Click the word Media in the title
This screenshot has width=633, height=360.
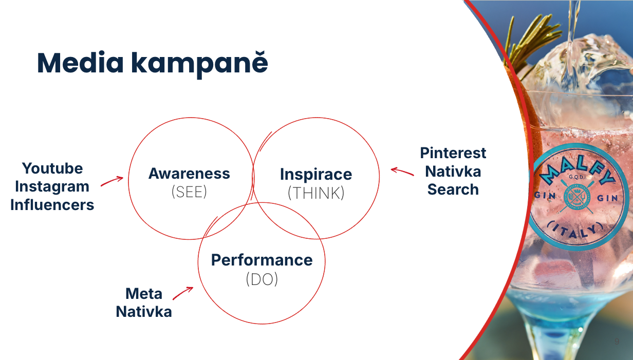(x=80, y=63)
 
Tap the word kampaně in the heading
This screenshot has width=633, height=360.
(x=199, y=64)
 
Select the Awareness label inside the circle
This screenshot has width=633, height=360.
(x=189, y=174)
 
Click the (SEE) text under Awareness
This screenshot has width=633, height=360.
(x=189, y=192)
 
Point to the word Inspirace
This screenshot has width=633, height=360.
(x=316, y=175)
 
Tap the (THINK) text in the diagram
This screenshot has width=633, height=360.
(x=316, y=193)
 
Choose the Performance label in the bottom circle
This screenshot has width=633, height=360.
(x=262, y=260)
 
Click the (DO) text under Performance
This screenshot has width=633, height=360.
(x=262, y=279)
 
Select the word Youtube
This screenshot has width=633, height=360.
(x=52, y=168)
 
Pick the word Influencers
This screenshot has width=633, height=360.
(x=52, y=205)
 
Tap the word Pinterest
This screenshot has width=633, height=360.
(x=453, y=153)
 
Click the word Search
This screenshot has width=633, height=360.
(x=453, y=189)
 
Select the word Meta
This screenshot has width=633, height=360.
(x=144, y=294)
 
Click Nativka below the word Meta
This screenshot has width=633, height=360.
(x=144, y=312)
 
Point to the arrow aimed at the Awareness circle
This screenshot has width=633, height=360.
(x=111, y=181)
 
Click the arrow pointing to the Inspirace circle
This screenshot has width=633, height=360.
(x=402, y=171)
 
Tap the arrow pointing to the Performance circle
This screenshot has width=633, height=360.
(x=182, y=293)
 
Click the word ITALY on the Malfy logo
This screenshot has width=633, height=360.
(x=575, y=230)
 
